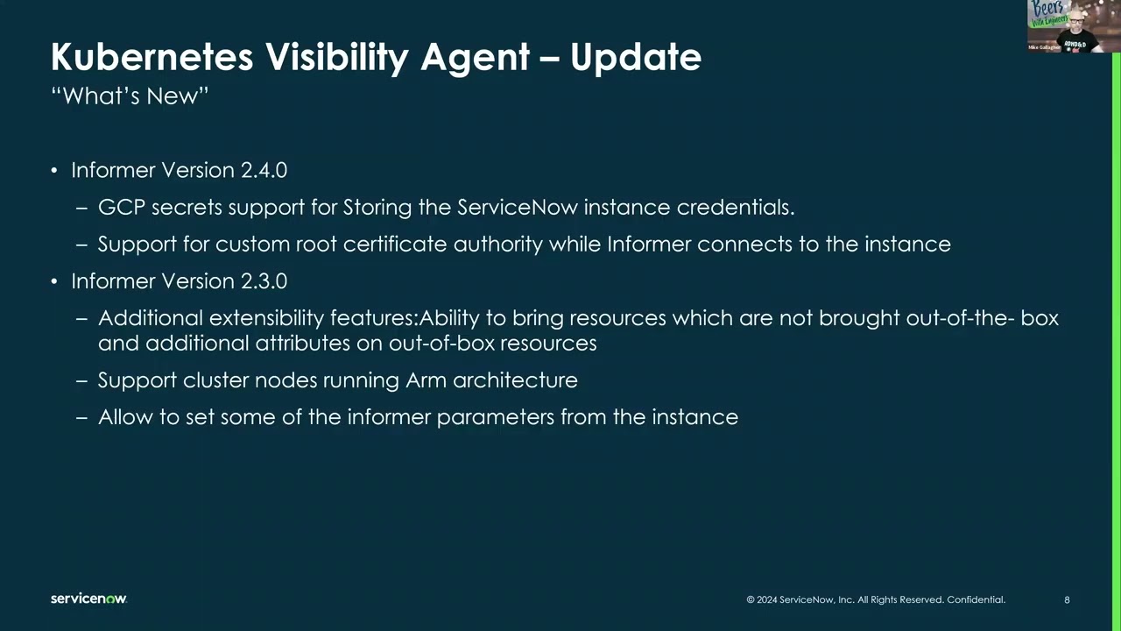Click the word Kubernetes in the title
pos(152,57)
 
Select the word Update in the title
pos(636,58)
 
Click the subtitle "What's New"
pos(130,96)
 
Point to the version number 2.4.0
pos(264,170)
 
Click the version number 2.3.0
pos(264,281)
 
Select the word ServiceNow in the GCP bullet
pos(518,208)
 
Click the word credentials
pos(736,208)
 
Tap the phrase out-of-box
pos(441,344)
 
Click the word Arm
pos(426,380)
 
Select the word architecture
pos(515,380)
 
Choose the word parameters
pos(496,418)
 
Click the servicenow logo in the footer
pos(88,599)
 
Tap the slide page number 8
pos(1067,600)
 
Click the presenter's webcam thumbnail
pos(1072,26)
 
